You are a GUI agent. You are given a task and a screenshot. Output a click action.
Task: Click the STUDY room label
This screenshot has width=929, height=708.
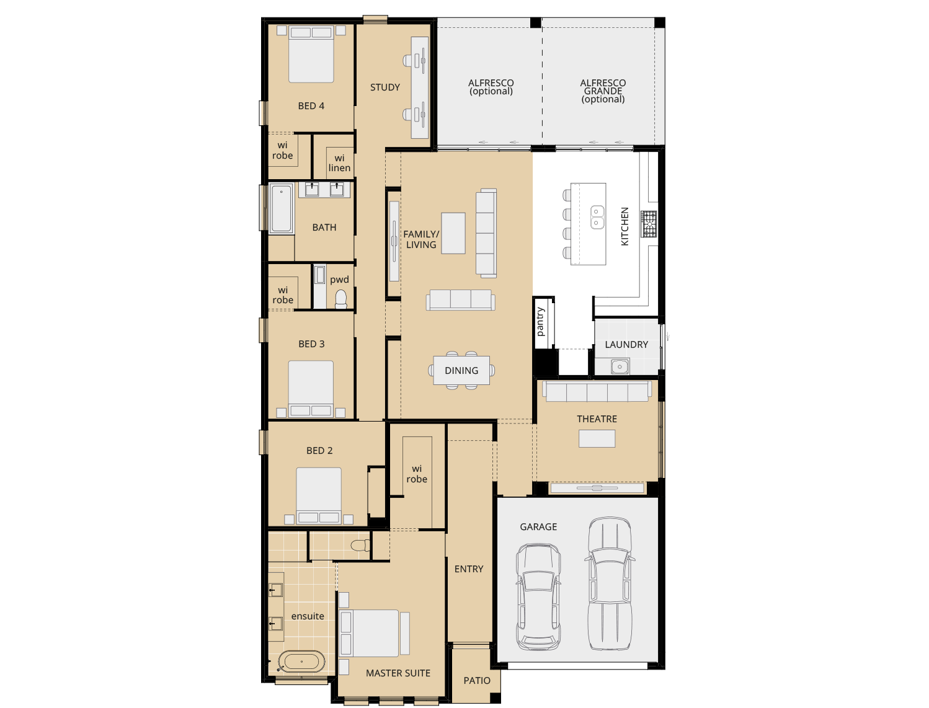click(384, 87)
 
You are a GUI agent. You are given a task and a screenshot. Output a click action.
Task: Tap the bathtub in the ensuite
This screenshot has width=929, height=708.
click(301, 662)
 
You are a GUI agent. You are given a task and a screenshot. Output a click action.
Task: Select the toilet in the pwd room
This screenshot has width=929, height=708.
click(341, 299)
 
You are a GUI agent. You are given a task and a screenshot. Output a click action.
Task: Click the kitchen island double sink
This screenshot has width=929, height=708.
click(597, 217)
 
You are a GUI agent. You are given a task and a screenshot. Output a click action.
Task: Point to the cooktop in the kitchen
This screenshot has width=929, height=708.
click(649, 224)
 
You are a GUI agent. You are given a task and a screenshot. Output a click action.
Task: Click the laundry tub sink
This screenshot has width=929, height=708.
click(620, 367)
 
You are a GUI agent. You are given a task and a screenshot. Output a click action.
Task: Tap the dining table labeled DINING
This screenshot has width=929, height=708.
click(461, 371)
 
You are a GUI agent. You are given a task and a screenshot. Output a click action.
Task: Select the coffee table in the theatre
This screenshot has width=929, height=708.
click(597, 438)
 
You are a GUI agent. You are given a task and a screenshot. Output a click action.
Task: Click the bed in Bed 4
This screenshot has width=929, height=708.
click(311, 55)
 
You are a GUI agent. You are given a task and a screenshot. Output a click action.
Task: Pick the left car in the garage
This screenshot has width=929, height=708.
click(538, 596)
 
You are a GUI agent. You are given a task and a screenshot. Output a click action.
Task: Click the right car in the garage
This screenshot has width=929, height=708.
click(609, 584)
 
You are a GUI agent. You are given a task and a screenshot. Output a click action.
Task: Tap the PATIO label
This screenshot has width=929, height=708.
click(477, 681)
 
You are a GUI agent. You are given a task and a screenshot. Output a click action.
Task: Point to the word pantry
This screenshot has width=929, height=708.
click(540, 322)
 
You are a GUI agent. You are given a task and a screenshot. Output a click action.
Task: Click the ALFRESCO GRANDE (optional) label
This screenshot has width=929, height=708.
click(603, 91)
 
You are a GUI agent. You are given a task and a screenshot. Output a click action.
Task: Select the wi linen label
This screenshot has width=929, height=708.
click(339, 163)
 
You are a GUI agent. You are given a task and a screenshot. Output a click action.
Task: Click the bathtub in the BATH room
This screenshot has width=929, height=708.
click(281, 208)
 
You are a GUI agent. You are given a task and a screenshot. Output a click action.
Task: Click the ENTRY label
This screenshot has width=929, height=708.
click(469, 569)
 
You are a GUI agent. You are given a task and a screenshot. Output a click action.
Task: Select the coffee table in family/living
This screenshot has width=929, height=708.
click(453, 233)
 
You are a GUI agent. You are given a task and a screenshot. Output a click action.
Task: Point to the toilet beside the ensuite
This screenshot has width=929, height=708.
click(360, 546)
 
